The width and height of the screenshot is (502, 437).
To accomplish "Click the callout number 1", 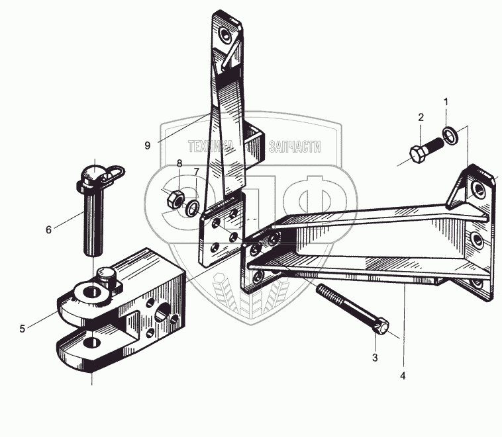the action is point(446,102).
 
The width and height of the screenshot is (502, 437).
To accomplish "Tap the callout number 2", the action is point(421,117).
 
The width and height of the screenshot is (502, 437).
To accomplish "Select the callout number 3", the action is point(375,358).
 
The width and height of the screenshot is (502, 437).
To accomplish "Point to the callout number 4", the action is point(403,376).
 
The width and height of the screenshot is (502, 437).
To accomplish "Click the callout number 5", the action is point(22,329).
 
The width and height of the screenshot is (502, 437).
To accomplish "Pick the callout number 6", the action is point(48,229).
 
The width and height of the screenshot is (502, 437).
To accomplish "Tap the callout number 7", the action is point(196,172).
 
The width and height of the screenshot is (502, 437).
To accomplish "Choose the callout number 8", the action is point(179,163).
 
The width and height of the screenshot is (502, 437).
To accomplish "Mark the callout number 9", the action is point(147,145).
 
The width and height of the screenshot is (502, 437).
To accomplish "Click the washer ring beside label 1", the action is point(450,135).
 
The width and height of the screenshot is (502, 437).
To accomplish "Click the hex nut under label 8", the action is point(175,199).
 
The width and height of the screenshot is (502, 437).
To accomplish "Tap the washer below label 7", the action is point(192,208).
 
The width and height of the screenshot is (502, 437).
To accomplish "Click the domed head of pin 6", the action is point(92,173).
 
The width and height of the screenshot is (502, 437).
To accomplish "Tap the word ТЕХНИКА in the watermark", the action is point(211,147).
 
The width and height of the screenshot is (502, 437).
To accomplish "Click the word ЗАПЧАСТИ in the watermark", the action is point(295,147).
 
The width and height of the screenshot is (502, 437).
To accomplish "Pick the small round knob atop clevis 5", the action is point(106,274).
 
